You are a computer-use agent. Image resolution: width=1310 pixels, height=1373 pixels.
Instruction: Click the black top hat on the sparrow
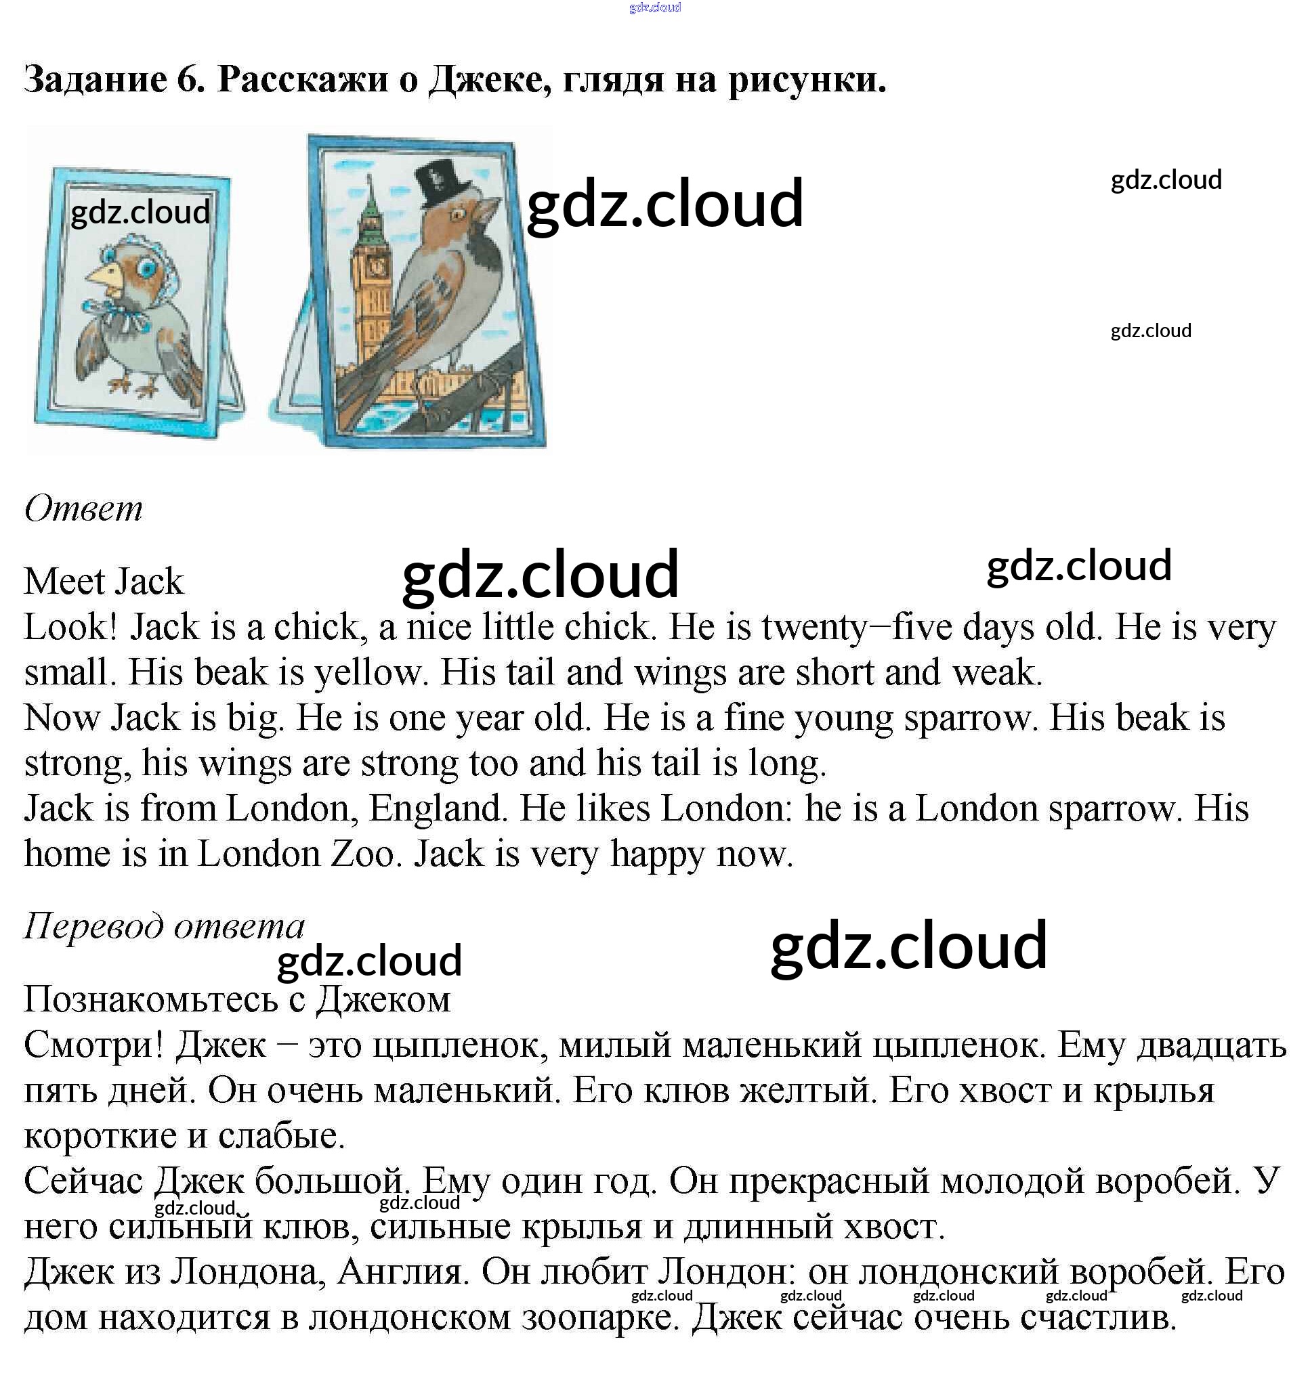pyautogui.click(x=438, y=186)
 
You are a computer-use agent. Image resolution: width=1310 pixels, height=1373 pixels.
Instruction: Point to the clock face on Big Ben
pyautogui.click(x=377, y=265)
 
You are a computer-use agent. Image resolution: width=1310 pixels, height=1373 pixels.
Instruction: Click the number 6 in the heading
pyautogui.click(x=187, y=80)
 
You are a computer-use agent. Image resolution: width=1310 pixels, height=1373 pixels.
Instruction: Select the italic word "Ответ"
pyautogui.click(x=83, y=508)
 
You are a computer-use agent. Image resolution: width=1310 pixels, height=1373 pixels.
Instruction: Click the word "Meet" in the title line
pyautogui.click(x=64, y=582)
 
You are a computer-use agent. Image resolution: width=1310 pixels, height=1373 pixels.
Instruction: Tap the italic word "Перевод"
pyautogui.click(x=93, y=927)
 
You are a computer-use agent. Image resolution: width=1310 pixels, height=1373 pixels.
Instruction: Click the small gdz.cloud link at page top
pyautogui.click(x=654, y=7)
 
